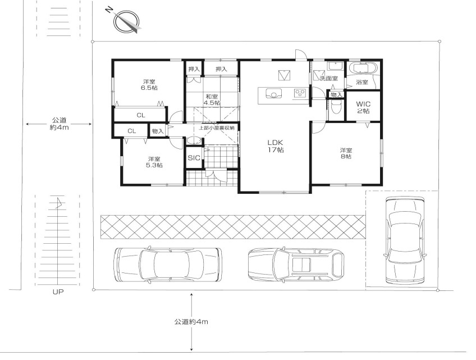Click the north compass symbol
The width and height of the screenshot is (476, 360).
point(127,21)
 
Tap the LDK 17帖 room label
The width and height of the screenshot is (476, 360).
point(276,146)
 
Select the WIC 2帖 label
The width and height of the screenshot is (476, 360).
point(363,107)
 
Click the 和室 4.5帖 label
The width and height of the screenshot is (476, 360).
point(212,99)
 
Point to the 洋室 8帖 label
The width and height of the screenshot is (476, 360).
point(346,153)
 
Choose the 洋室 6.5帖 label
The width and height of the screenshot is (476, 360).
point(149,85)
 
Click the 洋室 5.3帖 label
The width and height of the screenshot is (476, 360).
point(154,162)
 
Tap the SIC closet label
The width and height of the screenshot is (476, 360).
point(194,158)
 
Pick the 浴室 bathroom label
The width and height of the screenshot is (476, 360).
point(362,82)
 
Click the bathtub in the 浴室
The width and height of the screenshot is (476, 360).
point(363,68)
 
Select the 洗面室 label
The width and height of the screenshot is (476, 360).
point(329,79)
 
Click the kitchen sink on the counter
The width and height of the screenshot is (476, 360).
point(274,93)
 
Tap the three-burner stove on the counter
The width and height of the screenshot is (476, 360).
point(300,93)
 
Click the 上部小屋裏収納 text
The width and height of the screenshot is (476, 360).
point(217,128)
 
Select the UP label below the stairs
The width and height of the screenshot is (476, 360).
point(58,292)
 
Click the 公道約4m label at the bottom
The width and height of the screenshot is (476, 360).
point(191,322)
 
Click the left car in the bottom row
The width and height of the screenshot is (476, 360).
point(168,265)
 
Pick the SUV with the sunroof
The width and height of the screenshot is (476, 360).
point(296,265)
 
